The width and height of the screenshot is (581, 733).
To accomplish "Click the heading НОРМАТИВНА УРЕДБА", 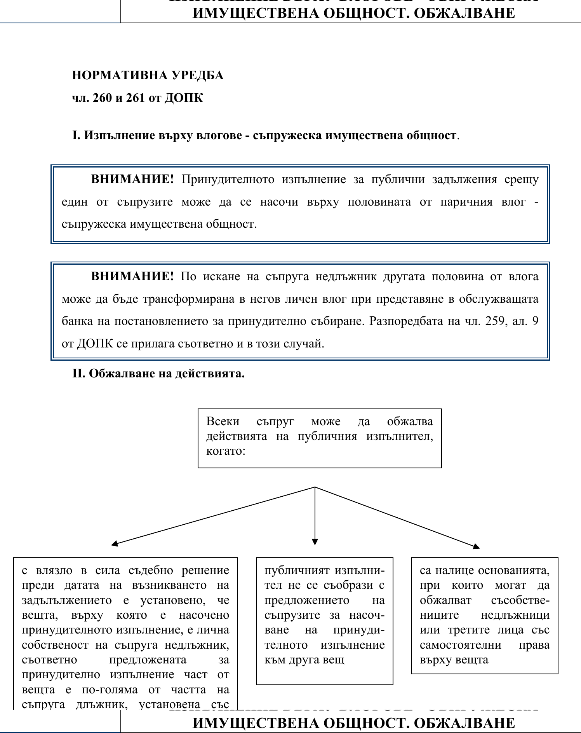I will pyautogui.click(x=148, y=75).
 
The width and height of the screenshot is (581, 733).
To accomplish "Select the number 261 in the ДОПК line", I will pyautogui.click(x=136, y=98).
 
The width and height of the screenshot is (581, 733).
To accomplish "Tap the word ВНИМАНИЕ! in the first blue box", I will pyautogui.click(x=132, y=180).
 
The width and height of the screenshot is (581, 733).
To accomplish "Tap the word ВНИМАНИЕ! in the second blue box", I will pyautogui.click(x=132, y=277).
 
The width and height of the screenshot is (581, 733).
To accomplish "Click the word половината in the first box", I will pyautogui.click(x=379, y=202).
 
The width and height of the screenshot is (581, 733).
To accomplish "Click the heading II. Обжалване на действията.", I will pyautogui.click(x=158, y=374).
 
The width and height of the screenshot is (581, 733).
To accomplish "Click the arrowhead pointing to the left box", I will pyautogui.click(x=114, y=544).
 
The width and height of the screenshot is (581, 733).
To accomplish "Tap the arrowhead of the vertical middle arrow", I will pyautogui.click(x=315, y=542).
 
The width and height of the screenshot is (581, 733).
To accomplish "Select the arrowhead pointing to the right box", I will pyautogui.click(x=477, y=546).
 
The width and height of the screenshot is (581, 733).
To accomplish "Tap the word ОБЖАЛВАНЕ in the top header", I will pyautogui.click(x=464, y=13).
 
